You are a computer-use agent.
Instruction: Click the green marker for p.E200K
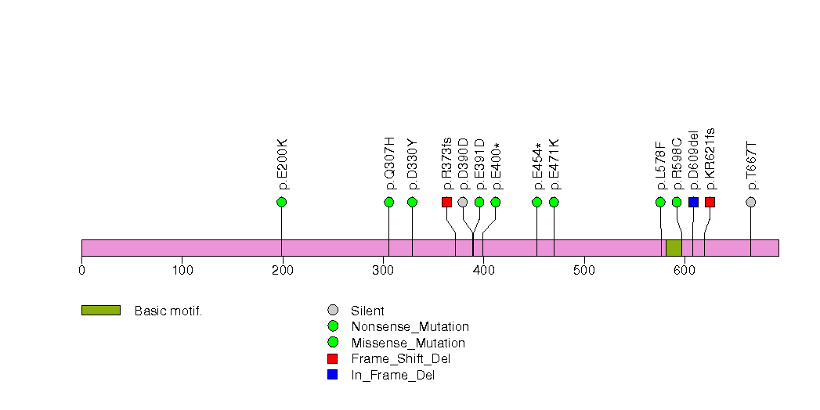(x=282, y=203)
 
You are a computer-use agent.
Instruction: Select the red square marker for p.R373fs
(x=446, y=203)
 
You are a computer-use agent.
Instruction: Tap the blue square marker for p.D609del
(x=693, y=203)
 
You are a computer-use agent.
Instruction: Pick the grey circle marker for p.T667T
(x=751, y=203)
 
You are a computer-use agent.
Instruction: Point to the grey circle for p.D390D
(x=463, y=203)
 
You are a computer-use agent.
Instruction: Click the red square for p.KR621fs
(x=710, y=203)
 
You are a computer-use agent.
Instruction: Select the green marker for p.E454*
(x=537, y=203)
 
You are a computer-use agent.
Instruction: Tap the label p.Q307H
(x=389, y=164)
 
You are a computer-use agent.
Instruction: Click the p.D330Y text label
(x=413, y=164)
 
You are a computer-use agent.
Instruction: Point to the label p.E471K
(x=554, y=164)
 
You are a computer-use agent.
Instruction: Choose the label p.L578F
(x=660, y=165)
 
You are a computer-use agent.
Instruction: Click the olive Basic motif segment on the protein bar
(x=674, y=248)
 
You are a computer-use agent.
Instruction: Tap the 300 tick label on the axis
(x=382, y=271)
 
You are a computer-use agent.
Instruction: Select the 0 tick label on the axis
(x=81, y=271)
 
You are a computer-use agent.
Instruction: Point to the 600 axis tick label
(x=684, y=271)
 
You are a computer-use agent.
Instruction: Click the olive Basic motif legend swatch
(x=100, y=311)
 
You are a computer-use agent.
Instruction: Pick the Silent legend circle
(x=333, y=311)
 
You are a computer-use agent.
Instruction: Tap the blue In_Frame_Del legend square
(x=333, y=376)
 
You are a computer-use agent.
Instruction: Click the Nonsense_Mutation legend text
(x=410, y=327)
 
